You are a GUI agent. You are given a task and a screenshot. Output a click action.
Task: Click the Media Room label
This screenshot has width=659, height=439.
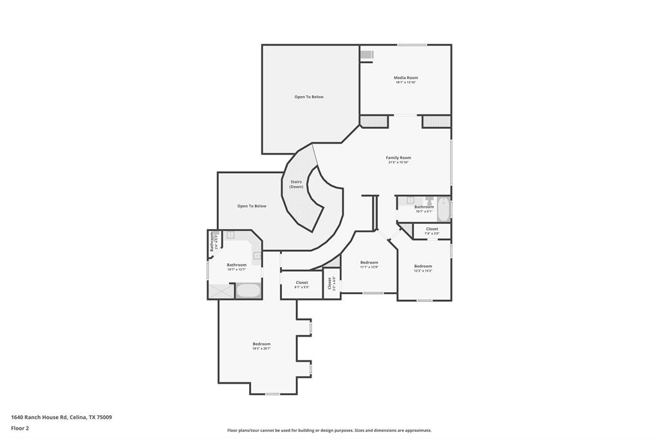coord(405,78)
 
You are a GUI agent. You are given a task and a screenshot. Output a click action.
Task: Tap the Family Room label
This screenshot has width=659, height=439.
coord(398,158)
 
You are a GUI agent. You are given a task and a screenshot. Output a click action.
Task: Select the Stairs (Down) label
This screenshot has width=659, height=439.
coord(296,184)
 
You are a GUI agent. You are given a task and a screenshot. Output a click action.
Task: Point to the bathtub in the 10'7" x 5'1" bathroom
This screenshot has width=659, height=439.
coord(444,209)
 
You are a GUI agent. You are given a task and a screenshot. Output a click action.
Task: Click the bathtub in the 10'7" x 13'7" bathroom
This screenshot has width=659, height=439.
coord(248,290)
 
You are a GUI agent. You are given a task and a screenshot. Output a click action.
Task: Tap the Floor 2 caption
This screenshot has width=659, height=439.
coord(20,428)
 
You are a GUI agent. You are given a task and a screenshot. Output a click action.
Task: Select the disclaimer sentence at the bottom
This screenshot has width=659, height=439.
coord(329,431)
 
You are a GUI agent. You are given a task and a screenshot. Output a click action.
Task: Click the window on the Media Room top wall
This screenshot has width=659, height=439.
coord(411,44)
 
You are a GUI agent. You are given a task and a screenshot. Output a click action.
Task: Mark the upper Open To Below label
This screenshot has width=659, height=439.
coord(309,97)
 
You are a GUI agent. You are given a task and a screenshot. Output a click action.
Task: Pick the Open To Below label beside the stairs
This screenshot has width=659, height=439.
coord(252,206)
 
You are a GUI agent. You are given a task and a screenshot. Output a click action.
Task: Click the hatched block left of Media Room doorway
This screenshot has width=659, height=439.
coord(374,121)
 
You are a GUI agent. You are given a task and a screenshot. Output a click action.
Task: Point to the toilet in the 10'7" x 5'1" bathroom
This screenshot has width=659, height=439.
coord(429,201)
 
